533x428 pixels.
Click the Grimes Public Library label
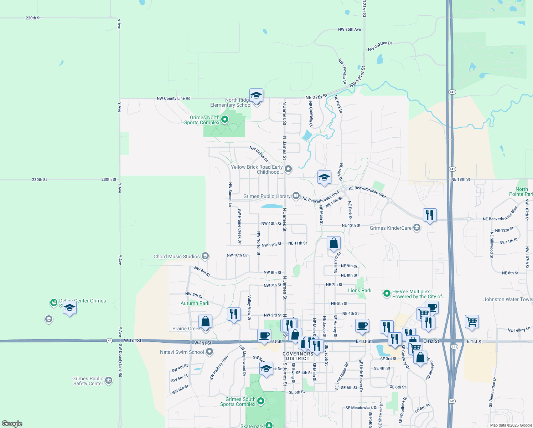(x=267, y=196)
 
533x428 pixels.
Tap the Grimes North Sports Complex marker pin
(x=225, y=119)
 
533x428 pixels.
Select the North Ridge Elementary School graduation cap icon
(x=256, y=96)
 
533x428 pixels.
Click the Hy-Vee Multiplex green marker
(x=387, y=294)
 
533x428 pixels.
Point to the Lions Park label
(x=359, y=290)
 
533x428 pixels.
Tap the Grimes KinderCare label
(x=390, y=228)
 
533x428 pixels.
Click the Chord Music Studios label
(x=176, y=256)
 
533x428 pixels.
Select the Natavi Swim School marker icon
(x=209, y=352)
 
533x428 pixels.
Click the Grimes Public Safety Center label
(x=88, y=381)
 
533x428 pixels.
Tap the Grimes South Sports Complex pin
(x=261, y=401)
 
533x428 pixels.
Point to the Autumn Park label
(x=195, y=303)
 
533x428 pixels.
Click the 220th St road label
(x=33, y=18)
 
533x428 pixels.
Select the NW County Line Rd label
(x=174, y=98)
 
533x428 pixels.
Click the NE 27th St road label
(x=316, y=97)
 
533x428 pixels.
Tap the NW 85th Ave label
(x=350, y=30)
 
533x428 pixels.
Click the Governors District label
(x=298, y=356)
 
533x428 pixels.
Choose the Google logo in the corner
(x=12, y=424)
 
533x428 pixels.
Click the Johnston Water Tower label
(x=508, y=299)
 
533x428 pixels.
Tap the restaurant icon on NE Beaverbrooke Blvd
(x=430, y=215)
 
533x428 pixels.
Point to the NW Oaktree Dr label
(x=380, y=46)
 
